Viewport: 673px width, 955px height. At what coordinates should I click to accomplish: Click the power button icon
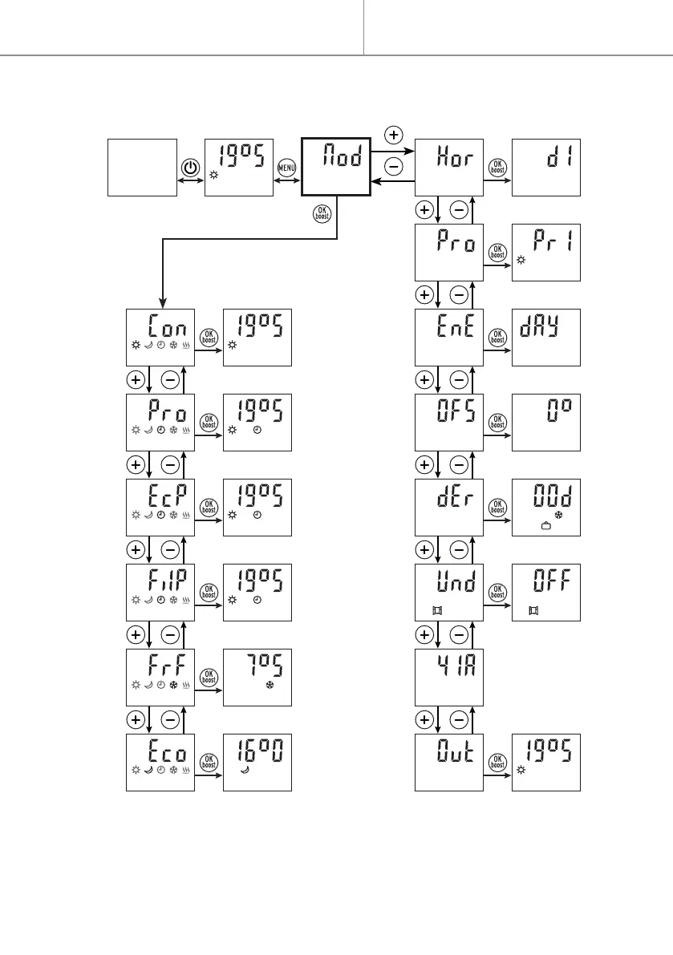tap(189, 168)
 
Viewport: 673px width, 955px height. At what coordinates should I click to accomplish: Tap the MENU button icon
tap(287, 168)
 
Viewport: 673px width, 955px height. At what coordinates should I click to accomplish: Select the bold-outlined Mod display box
tap(335, 167)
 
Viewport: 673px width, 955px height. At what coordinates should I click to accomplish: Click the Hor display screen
tap(449, 167)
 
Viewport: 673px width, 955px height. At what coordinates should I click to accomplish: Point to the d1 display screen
tap(546, 167)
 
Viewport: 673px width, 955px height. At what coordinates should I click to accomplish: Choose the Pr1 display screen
tap(546, 253)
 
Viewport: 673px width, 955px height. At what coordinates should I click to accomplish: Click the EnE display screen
tap(449, 338)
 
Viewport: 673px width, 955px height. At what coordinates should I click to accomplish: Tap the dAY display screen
tap(546, 338)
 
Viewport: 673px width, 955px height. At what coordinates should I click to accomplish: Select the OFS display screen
tap(449, 423)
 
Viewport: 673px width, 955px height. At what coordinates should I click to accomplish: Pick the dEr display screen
tap(449, 508)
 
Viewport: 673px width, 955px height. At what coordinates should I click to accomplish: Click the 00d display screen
tap(546, 508)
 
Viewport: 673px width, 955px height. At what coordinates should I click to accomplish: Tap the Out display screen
tap(449, 763)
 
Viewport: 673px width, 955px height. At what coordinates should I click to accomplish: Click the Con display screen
tap(161, 338)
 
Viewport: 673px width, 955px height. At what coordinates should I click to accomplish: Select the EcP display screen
tap(161, 508)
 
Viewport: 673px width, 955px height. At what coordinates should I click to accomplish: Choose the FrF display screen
tap(161, 678)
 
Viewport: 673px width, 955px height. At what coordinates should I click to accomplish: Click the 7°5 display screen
tap(257, 678)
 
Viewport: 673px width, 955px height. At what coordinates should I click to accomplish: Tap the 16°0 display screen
tap(257, 763)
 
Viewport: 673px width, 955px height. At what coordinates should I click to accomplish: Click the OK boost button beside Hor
tap(497, 168)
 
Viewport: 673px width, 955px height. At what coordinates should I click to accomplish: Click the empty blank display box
tap(142, 167)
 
